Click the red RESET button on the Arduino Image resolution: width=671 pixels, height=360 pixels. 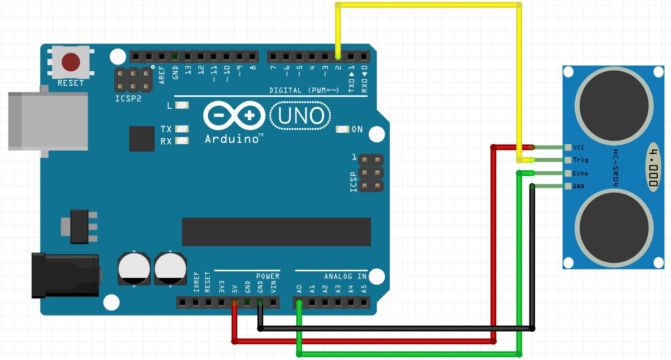(x=70, y=63)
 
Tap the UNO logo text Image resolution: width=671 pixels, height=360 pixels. (x=300, y=116)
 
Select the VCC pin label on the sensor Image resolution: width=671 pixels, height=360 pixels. (x=579, y=147)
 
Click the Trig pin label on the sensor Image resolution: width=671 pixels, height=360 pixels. (x=580, y=160)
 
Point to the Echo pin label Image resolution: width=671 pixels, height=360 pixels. (x=580, y=173)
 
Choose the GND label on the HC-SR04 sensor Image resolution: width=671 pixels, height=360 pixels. (x=578, y=186)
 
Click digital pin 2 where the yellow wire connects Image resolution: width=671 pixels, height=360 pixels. (x=338, y=57)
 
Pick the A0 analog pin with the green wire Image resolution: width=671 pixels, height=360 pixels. (x=299, y=302)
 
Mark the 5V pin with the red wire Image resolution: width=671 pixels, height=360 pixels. (x=234, y=302)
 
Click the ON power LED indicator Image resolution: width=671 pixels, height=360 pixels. (x=342, y=129)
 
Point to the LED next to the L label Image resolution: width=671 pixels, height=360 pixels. (x=181, y=105)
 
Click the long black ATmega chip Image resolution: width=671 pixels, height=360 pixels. (x=276, y=232)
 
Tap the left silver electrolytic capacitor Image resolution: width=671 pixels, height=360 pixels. (x=134, y=269)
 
